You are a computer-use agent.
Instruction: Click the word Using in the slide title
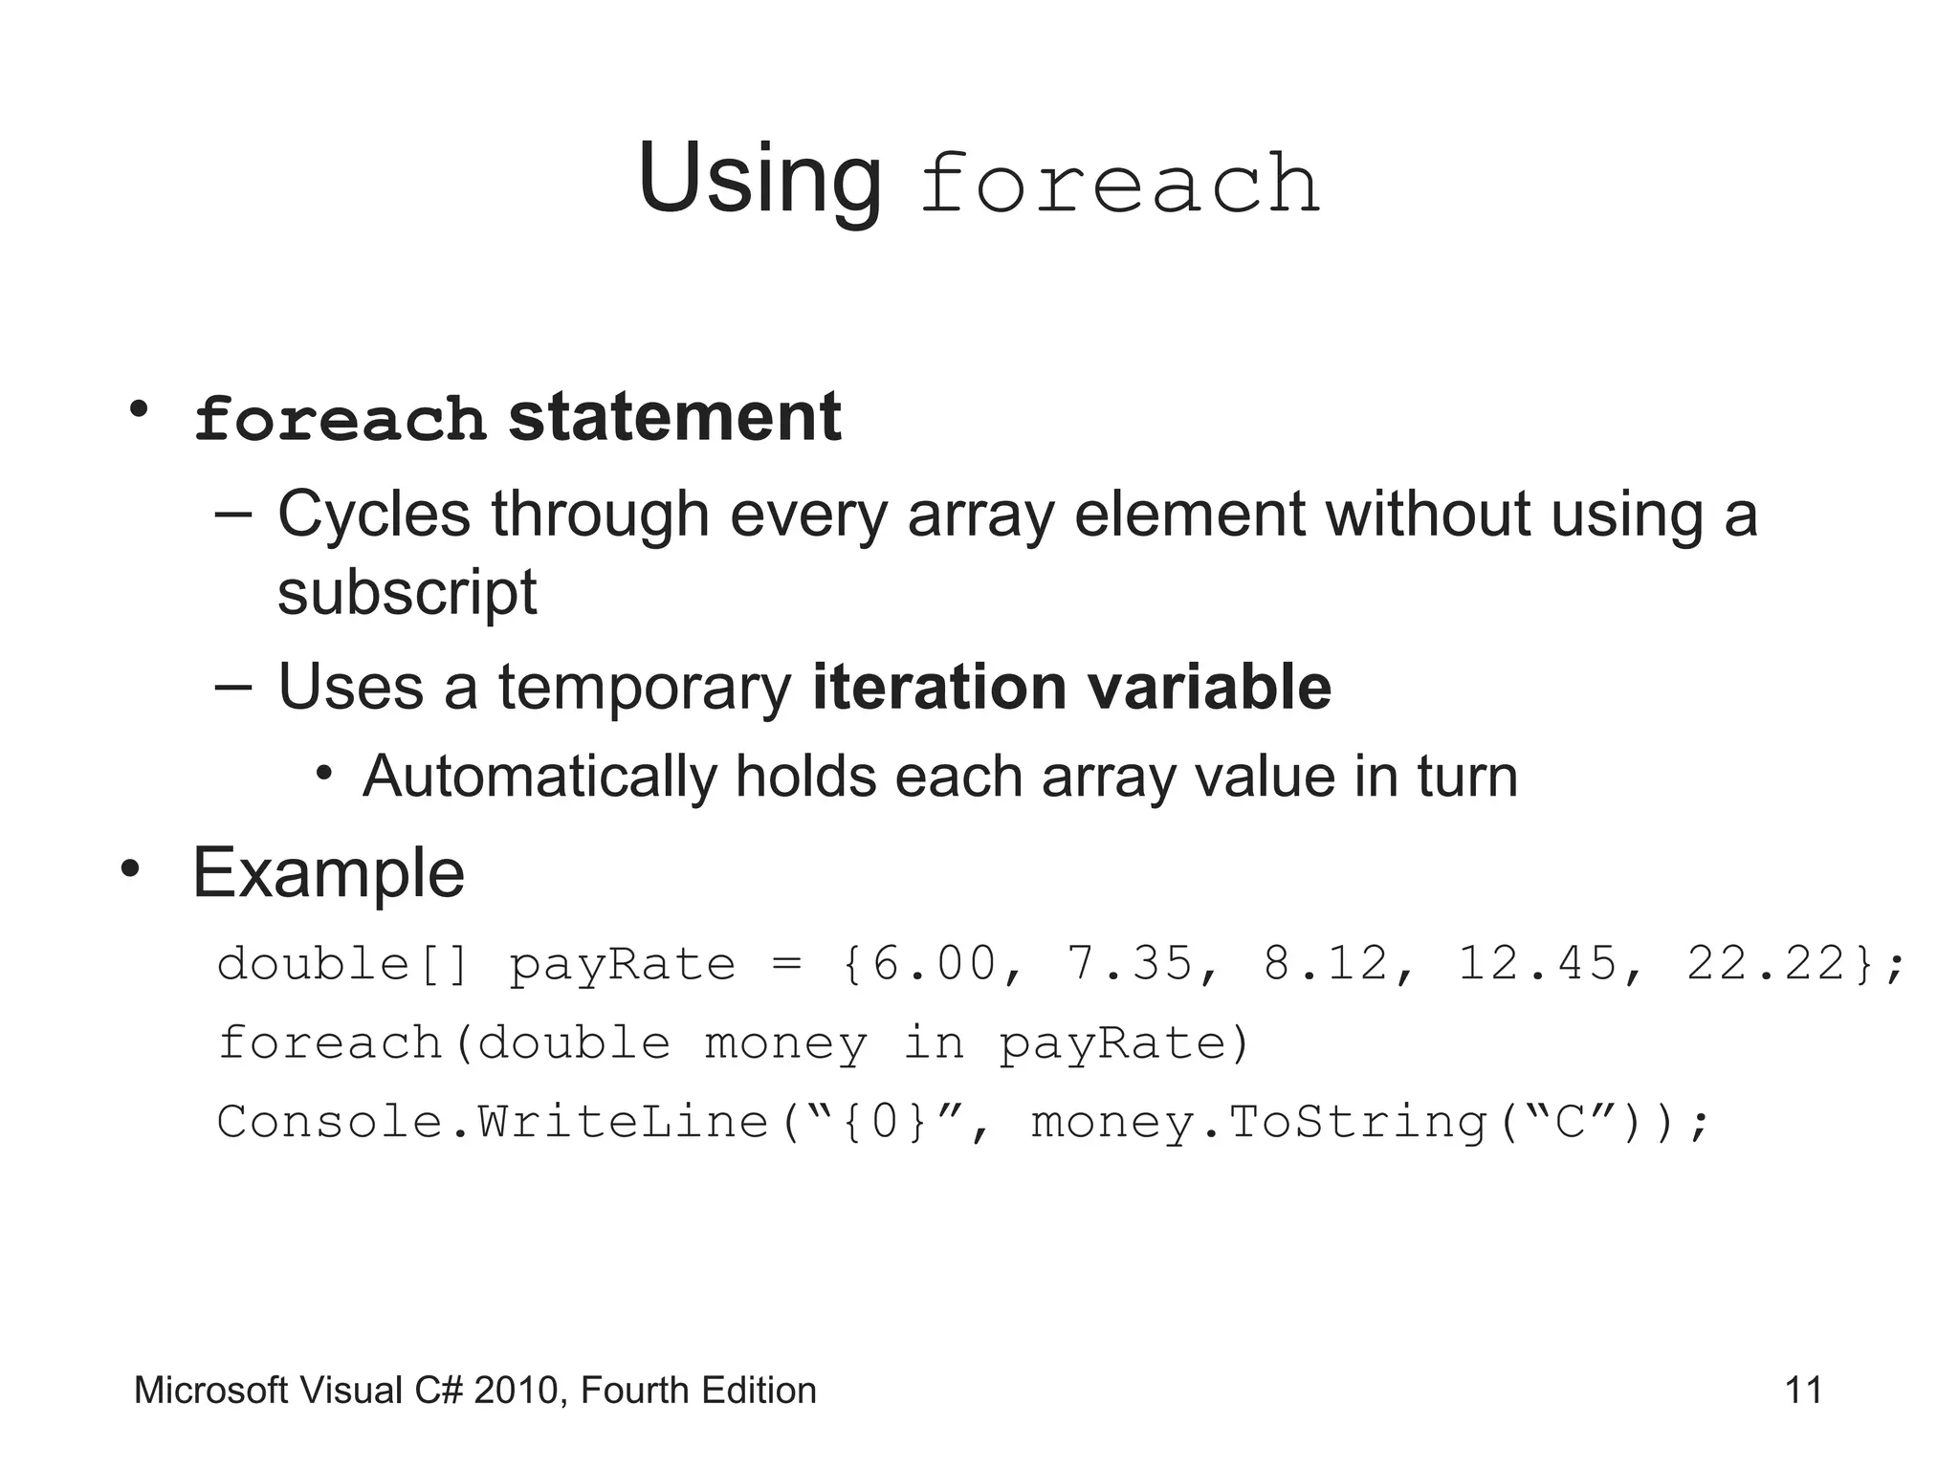(x=759, y=180)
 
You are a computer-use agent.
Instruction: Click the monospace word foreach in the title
(x=1119, y=184)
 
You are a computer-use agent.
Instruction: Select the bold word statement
(x=674, y=418)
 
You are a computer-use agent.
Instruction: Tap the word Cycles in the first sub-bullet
(x=374, y=515)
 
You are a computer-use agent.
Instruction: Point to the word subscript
(x=407, y=593)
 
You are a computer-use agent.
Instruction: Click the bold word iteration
(x=938, y=687)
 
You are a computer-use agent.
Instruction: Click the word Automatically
(x=539, y=776)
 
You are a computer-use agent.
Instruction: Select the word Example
(x=328, y=873)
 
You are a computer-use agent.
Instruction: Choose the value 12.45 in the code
(x=1535, y=964)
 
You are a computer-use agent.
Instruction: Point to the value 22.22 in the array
(x=1765, y=964)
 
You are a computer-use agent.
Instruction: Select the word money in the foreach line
(x=785, y=1043)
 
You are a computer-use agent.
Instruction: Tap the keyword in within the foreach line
(x=934, y=1042)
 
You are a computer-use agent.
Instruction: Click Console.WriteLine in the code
(x=493, y=1122)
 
